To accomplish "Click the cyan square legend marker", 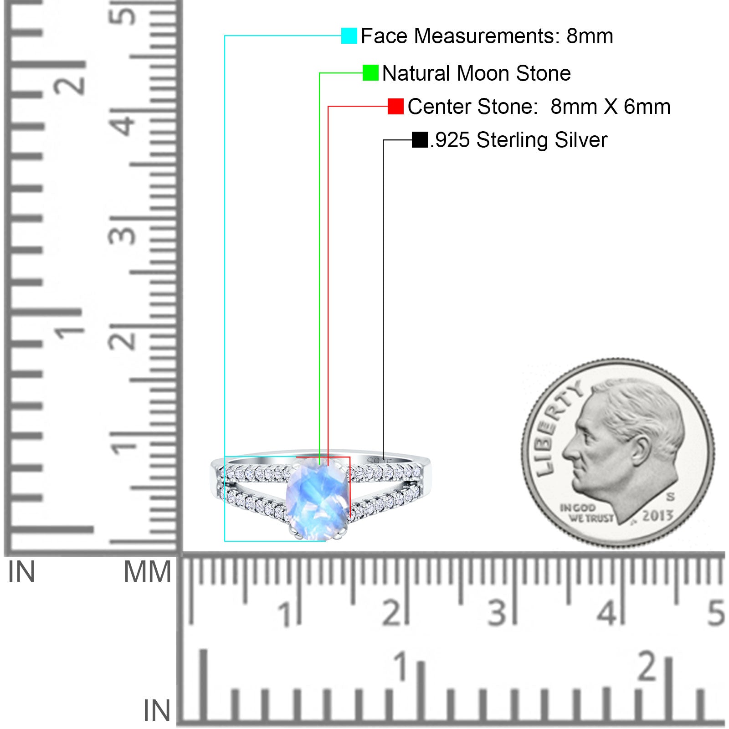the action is point(349,36).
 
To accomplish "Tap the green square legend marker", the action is point(370,73).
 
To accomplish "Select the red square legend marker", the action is point(395,107).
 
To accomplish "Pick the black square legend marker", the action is point(420,140).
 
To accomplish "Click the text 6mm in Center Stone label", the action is point(647,107).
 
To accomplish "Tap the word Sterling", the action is point(512,140).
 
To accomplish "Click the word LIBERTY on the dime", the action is point(556,426).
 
